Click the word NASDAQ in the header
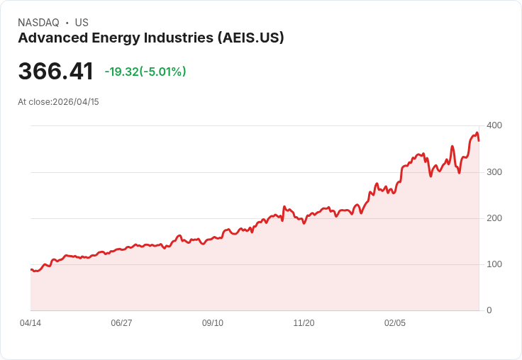[x=38, y=23]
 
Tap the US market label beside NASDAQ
[x=82, y=23]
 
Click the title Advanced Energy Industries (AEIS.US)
[x=151, y=38]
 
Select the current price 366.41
[x=56, y=72]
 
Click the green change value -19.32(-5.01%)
[x=145, y=72]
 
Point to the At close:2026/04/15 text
[x=59, y=102]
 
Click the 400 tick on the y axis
[x=494, y=125]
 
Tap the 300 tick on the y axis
[x=494, y=172]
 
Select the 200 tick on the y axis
[x=494, y=218]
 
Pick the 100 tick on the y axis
[x=494, y=264]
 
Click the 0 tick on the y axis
[x=489, y=310]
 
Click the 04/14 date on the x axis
[x=30, y=323]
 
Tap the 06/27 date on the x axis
[x=121, y=323]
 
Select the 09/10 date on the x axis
[x=213, y=323]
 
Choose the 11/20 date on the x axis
[x=304, y=323]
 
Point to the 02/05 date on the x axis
[x=395, y=323]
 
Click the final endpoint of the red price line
[x=479, y=140]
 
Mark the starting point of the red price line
[x=31, y=269]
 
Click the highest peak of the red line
[x=477, y=133]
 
